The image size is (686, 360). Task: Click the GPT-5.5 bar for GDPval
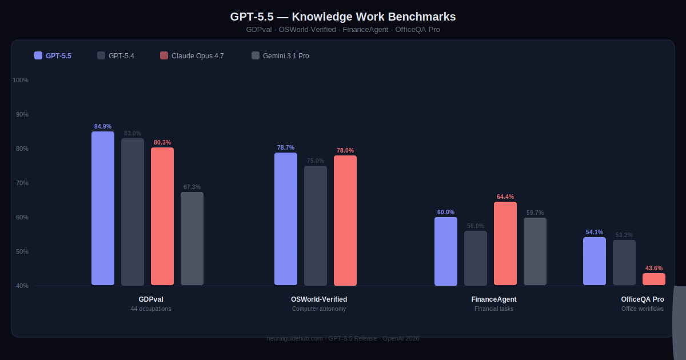tap(103, 209)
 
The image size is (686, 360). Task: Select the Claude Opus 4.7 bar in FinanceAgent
tap(505, 243)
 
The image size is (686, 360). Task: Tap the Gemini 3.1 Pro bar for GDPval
tap(192, 239)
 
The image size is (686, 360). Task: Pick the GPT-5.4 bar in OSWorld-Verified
tap(316, 226)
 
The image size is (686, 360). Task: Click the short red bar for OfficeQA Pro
tap(654, 279)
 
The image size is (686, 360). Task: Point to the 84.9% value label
tap(103, 126)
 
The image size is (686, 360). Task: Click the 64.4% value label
tap(505, 197)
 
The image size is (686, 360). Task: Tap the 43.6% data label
tap(654, 268)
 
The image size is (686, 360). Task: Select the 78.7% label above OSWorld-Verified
tap(286, 147)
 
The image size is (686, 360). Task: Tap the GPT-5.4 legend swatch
tap(101, 55)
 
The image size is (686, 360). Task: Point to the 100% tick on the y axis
tap(21, 80)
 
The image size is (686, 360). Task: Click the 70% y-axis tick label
tap(22, 183)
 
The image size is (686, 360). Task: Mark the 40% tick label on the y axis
tap(22, 286)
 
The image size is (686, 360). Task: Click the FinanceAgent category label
tap(494, 299)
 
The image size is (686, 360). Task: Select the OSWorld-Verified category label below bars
tap(319, 299)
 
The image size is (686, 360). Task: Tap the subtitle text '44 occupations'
tap(151, 309)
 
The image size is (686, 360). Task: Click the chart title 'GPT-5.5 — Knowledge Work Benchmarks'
tap(343, 17)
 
